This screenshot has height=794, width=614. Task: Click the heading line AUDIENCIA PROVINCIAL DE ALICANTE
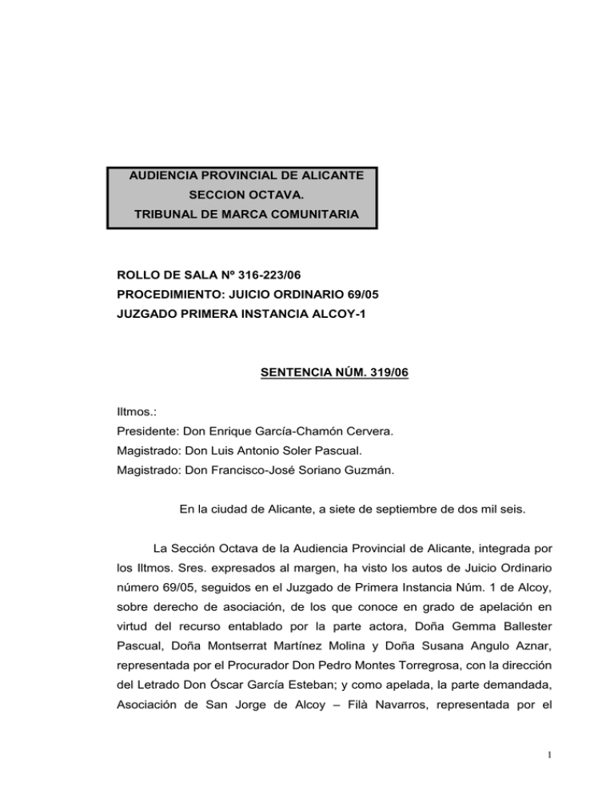(241, 174)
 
